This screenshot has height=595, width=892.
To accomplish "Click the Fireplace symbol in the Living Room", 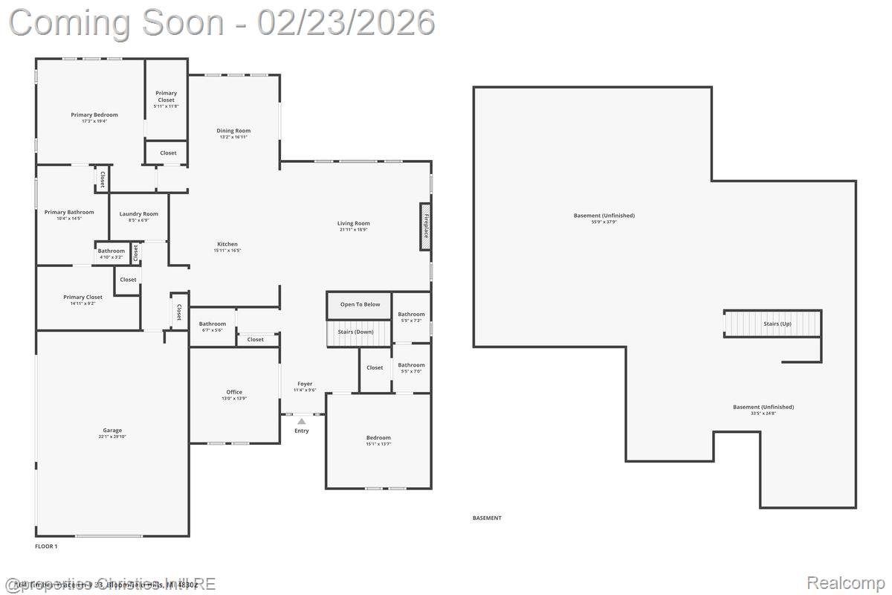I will click(x=426, y=226).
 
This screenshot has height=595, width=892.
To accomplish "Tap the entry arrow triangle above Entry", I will click(x=302, y=421).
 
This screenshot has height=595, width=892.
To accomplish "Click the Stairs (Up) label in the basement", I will click(x=777, y=324).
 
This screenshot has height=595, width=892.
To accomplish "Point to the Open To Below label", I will click(x=360, y=304).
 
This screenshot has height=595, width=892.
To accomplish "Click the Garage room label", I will click(x=112, y=430).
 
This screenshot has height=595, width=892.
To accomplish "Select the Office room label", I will click(x=234, y=392).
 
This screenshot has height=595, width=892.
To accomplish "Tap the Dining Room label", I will click(x=233, y=131).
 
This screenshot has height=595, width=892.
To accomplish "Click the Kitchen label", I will click(x=227, y=244).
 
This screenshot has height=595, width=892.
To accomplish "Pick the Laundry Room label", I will click(x=139, y=214).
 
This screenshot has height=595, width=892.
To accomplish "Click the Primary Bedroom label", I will click(x=94, y=115).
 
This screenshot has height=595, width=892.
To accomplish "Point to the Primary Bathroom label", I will click(x=69, y=212).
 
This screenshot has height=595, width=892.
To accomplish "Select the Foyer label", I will click(x=305, y=384).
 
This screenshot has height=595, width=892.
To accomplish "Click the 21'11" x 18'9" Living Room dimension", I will click(x=354, y=230).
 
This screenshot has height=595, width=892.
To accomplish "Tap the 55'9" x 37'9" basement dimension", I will click(x=604, y=222).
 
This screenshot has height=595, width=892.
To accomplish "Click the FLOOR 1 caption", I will click(x=46, y=546).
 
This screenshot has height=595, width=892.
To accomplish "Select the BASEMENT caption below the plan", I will click(x=487, y=518).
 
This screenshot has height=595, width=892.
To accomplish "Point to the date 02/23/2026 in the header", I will click(x=346, y=22).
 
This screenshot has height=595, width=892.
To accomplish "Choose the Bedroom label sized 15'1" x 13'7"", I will click(x=378, y=437).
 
